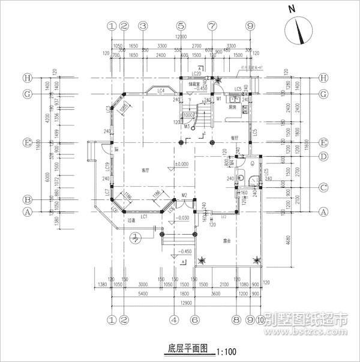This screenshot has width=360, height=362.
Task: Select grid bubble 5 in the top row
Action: pos(181,26)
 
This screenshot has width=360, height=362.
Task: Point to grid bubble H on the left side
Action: pos(26,78)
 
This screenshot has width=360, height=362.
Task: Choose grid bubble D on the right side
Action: pos(325,157)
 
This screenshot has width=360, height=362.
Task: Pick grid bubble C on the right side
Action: pos(325,187)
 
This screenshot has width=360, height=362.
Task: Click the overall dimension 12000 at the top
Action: pos(180,37)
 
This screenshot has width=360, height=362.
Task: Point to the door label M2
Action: pos(185,196)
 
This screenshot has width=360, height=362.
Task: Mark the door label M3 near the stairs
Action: pos(187,127)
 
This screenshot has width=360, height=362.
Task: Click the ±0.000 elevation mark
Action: pos(181,163)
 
